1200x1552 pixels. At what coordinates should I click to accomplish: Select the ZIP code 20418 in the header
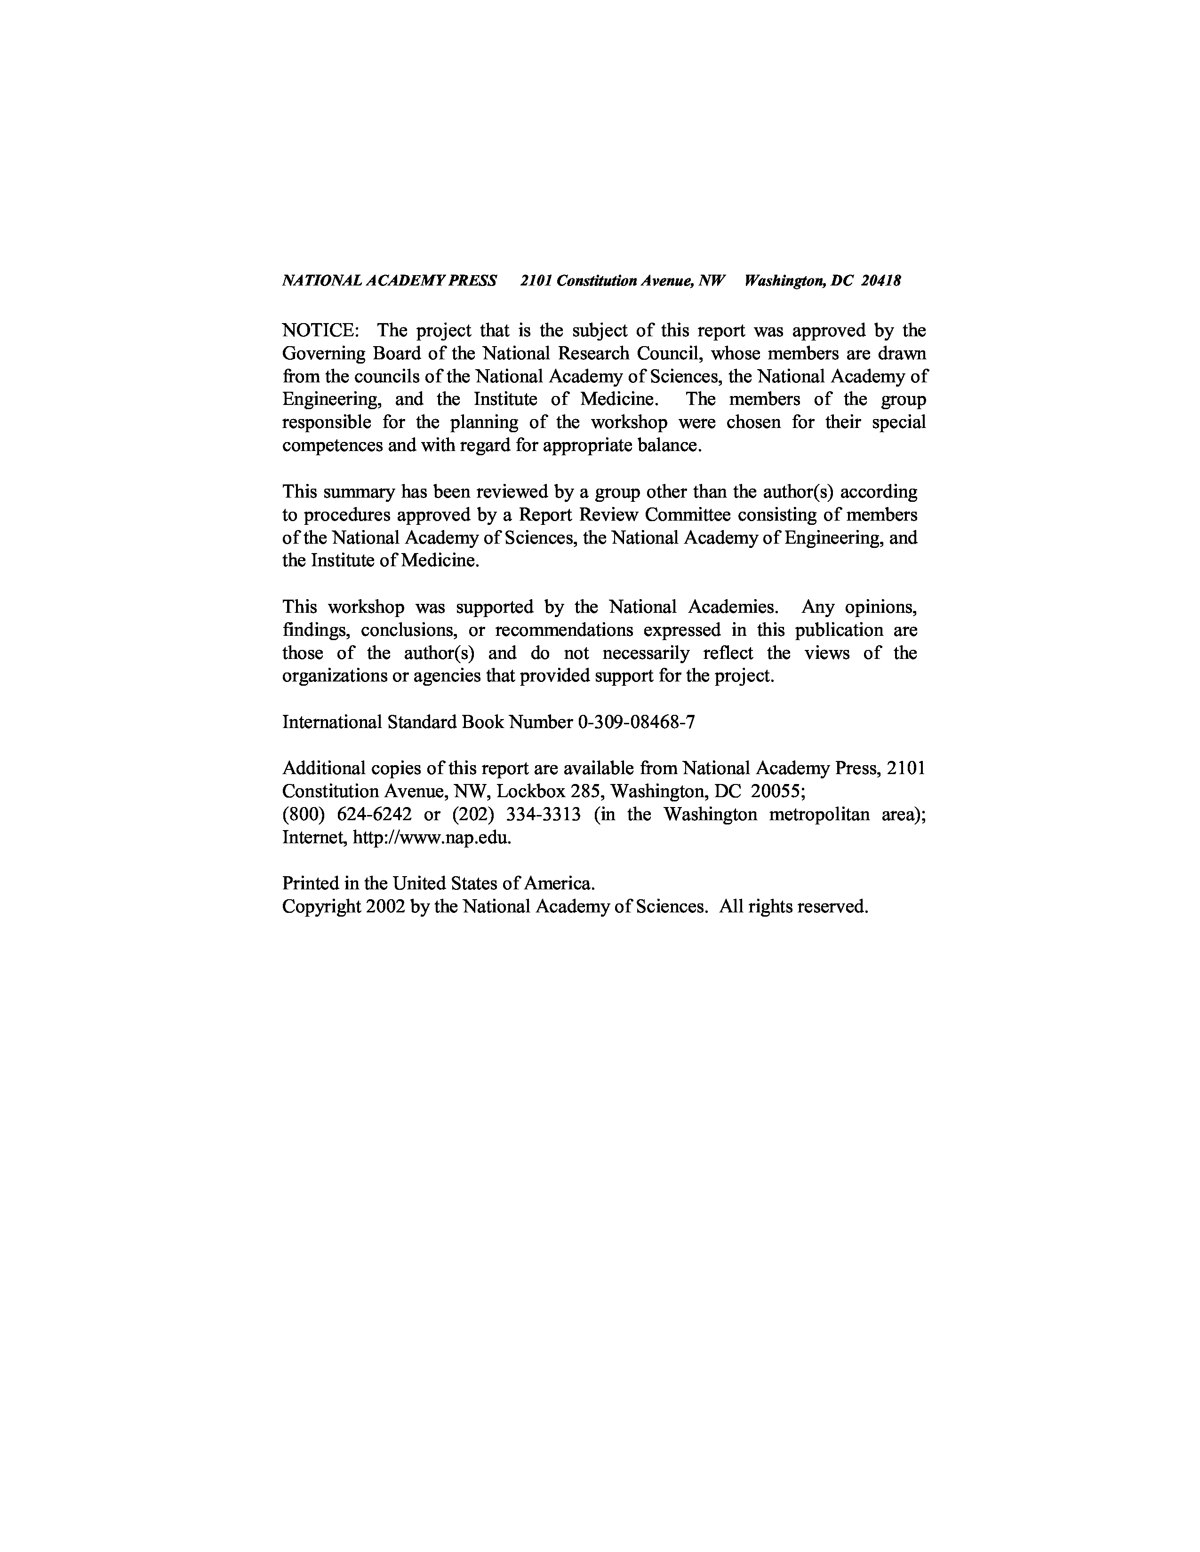(881, 281)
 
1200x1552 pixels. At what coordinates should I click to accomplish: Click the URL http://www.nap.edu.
(432, 837)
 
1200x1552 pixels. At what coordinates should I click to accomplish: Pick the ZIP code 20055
(777, 791)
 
